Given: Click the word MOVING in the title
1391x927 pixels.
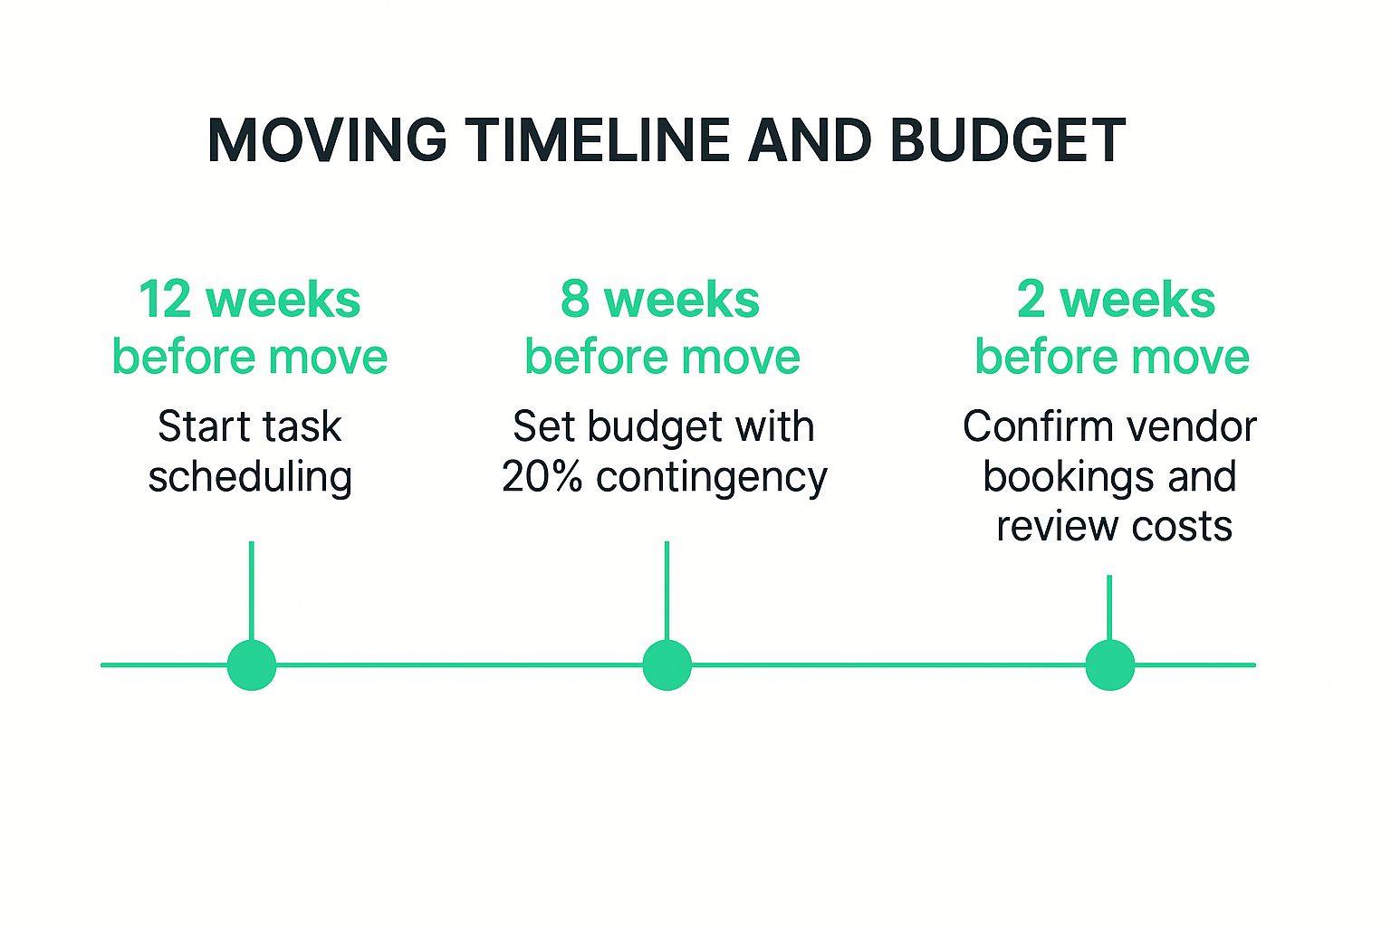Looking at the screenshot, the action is point(327,140).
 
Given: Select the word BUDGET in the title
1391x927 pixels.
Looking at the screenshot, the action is point(1008,140).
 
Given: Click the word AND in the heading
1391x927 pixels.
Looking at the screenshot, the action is point(810,140).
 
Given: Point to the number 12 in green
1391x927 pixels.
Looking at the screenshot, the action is point(165,300).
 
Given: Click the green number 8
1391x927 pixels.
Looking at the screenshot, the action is point(574,300).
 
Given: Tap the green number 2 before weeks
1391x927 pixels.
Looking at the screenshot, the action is point(1031,300).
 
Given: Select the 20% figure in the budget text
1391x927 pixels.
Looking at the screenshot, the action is point(542,477).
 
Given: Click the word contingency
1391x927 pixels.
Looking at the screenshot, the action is point(712,479).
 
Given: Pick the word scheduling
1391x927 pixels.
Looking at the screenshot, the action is point(250,478).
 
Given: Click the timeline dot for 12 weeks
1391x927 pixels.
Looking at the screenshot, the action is point(252,665).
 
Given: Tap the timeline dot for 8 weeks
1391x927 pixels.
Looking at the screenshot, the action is point(667,665).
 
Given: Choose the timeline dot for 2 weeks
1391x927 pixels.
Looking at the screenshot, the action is point(1109,665).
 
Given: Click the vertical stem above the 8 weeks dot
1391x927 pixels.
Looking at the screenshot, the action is point(667,590).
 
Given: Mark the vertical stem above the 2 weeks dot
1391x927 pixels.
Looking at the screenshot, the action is point(1109,607).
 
